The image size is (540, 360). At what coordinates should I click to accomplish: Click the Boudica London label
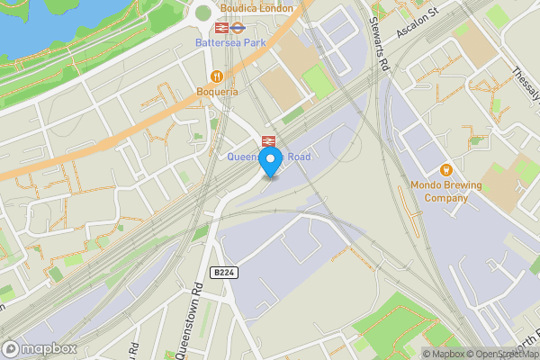point(256,8)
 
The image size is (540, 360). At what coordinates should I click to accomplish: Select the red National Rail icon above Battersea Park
point(209,27)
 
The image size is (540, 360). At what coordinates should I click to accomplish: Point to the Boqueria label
point(217,91)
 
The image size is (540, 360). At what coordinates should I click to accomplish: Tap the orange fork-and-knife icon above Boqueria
point(216,76)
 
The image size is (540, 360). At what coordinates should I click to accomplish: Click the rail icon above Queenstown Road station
point(267,140)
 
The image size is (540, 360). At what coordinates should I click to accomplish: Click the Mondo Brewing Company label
point(446,191)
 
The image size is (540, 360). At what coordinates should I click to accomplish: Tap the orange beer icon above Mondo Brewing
point(445,169)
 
